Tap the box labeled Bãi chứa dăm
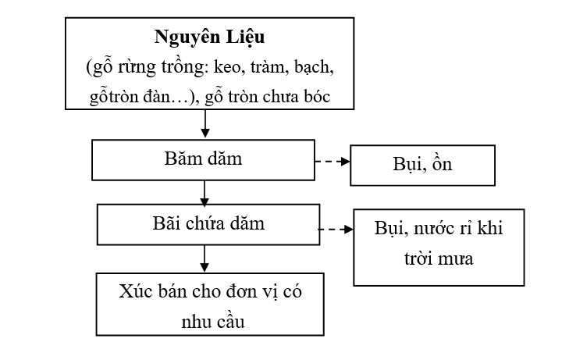point(204,225)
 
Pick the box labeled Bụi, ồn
point(421,166)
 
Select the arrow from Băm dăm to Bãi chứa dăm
point(204,191)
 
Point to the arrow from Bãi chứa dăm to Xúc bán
point(204,257)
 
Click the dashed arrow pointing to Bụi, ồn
point(331,163)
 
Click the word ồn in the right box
point(443,166)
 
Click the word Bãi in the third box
point(165,224)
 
